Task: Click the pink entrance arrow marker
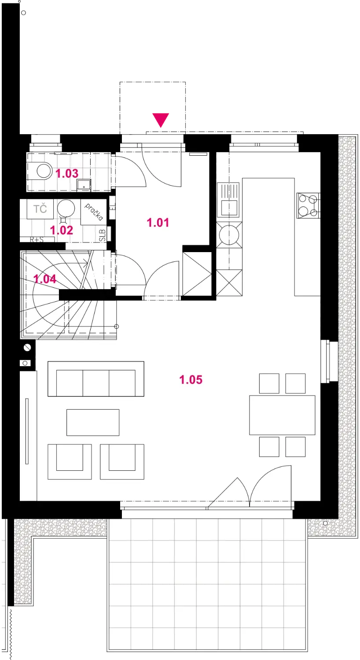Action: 161,120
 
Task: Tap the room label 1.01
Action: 158,223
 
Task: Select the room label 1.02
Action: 61,230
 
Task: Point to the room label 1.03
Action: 67,173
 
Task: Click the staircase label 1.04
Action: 45,279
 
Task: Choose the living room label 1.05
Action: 191,379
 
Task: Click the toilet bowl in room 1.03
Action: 44,171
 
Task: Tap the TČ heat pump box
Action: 40,209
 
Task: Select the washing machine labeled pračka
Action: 93,212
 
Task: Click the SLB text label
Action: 102,235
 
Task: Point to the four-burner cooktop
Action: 309,205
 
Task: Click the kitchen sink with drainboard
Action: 228,200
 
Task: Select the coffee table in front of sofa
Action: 93,422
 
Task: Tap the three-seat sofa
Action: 96,379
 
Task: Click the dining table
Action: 282,415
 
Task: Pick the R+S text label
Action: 37,239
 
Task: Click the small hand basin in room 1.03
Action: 84,185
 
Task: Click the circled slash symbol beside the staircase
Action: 27,348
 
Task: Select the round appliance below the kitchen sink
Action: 229,235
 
